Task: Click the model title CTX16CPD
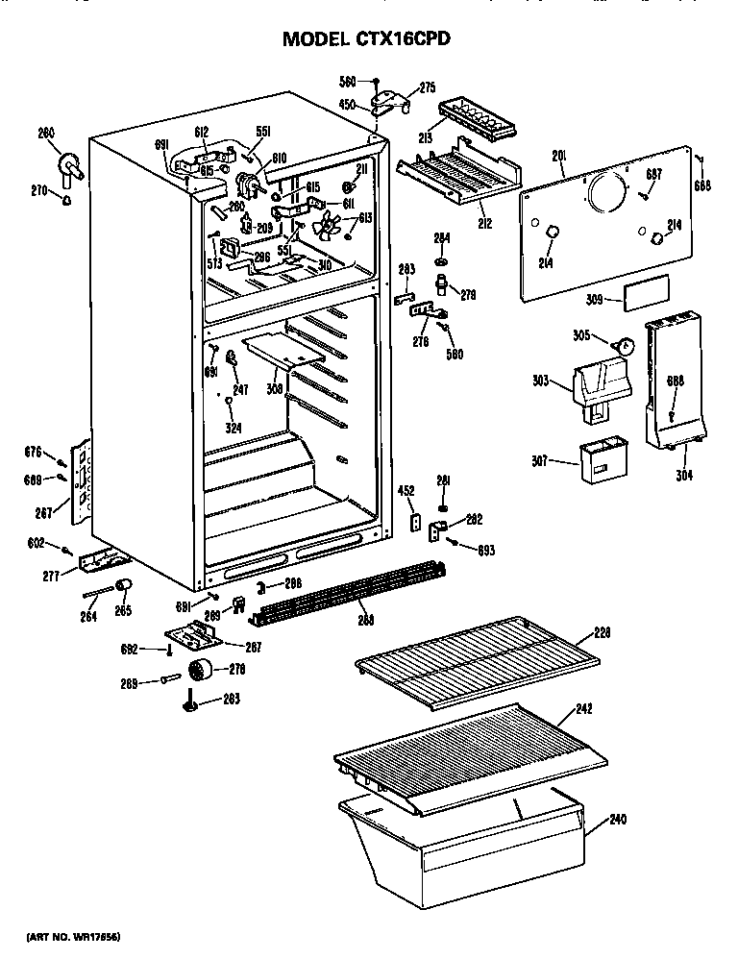(365, 39)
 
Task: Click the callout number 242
(583, 709)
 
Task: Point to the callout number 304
(683, 474)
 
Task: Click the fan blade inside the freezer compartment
(328, 229)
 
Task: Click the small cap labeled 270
(66, 200)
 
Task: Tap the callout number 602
(37, 546)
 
